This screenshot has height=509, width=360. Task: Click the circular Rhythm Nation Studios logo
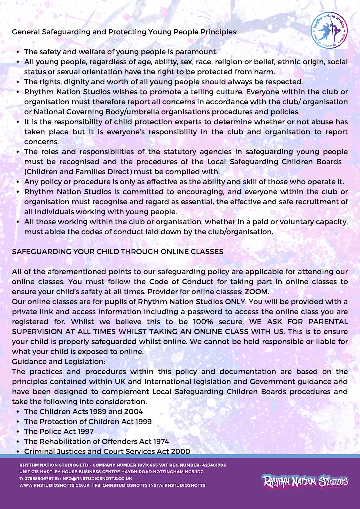(329, 30)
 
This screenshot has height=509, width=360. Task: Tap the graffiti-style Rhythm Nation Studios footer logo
(305, 481)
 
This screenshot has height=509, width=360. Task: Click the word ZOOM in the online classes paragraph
(256, 292)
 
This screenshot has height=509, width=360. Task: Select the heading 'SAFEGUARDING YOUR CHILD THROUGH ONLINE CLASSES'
(118, 252)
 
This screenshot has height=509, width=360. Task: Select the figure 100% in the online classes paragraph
(203, 322)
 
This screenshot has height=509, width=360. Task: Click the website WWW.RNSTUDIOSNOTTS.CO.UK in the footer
(54, 485)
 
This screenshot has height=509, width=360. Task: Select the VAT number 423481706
(214, 465)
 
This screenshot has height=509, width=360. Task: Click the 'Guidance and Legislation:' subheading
(58, 362)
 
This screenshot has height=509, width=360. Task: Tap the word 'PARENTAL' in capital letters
(328, 322)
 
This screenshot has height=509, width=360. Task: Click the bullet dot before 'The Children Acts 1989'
(18, 412)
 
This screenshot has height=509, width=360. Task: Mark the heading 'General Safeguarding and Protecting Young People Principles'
(125, 32)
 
